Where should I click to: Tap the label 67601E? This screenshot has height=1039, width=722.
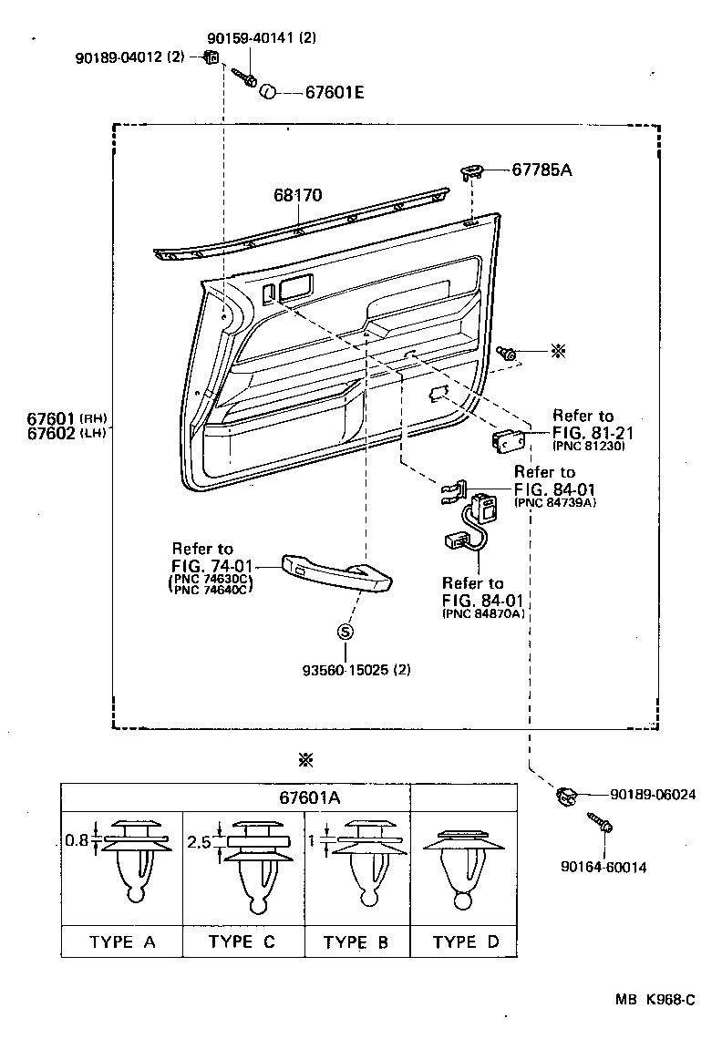point(334,92)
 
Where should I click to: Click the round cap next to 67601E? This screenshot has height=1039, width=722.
point(269,91)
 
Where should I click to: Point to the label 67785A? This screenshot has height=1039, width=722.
point(547,170)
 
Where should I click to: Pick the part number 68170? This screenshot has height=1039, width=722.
point(298,195)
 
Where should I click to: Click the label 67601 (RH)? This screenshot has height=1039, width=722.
point(55,417)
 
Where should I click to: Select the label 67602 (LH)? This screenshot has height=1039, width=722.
point(55,433)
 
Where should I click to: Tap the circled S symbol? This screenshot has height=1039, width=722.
point(346,633)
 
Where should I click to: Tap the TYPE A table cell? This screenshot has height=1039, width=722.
point(122,941)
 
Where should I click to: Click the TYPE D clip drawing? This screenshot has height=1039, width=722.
point(464,866)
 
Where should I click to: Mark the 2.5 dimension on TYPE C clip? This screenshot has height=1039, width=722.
point(198,843)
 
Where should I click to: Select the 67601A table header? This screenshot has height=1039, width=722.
point(310,797)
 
